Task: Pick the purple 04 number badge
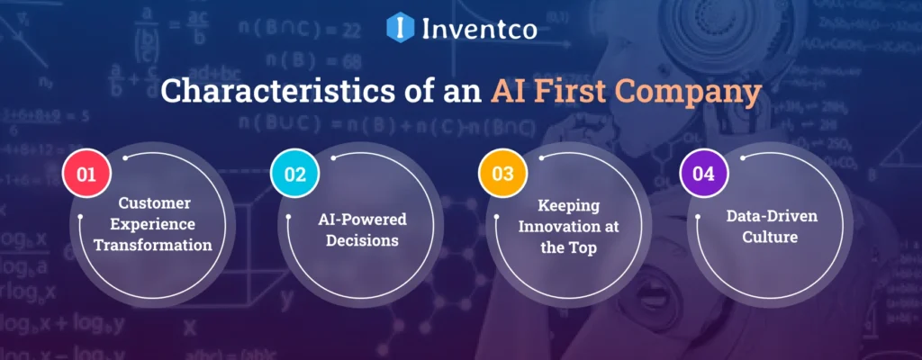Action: (x=704, y=175)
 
